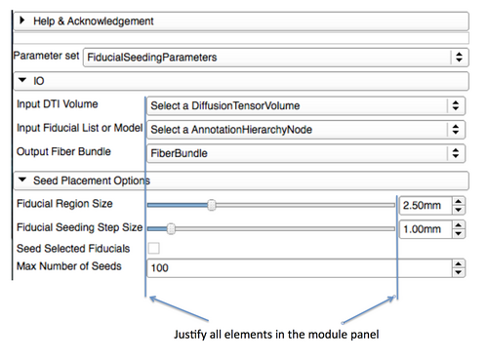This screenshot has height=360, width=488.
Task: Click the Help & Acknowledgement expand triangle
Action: (21, 20)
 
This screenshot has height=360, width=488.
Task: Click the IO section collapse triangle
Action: (21, 81)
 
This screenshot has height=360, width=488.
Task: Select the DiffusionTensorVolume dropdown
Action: (304, 105)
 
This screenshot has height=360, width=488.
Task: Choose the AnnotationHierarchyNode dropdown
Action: (304, 130)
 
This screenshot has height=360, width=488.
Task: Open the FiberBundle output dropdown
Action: (304, 153)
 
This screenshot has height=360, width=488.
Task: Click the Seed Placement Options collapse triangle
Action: (22, 180)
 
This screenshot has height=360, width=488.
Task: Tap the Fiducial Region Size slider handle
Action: (211, 205)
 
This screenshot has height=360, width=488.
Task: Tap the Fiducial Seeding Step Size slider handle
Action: (171, 229)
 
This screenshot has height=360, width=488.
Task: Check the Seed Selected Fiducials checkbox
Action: (153, 250)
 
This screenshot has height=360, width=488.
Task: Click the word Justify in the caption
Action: (189, 336)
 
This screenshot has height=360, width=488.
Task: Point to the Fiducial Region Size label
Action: (64, 204)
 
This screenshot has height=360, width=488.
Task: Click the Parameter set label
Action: (45, 57)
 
